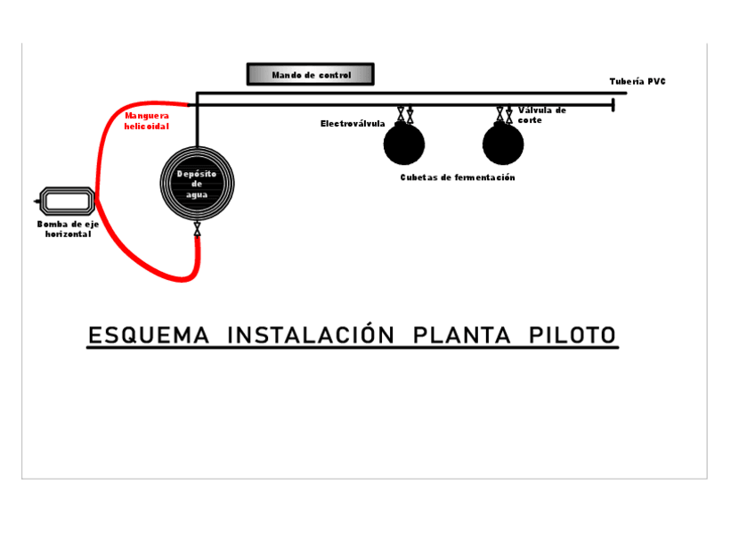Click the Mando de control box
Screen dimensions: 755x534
310,75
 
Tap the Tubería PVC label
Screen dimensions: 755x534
637,82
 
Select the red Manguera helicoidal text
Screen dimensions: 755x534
146,120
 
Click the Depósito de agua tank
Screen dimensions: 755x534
197,184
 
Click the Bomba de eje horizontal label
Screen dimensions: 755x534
68,229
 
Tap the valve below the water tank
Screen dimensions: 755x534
197,231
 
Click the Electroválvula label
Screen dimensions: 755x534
353,124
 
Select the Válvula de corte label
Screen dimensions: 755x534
541,115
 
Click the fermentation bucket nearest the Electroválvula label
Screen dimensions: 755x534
404,144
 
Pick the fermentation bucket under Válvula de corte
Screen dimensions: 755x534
503,144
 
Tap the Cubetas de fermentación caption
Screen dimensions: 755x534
457,178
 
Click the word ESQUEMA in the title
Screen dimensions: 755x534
149,336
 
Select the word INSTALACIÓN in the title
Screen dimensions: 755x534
311,336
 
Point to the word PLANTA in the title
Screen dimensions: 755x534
461,336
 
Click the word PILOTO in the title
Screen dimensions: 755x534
572,336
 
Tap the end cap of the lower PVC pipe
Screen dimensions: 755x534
613,105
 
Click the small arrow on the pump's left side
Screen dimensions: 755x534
37,201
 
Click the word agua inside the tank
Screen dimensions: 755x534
197,195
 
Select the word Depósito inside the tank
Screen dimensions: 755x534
197,174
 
